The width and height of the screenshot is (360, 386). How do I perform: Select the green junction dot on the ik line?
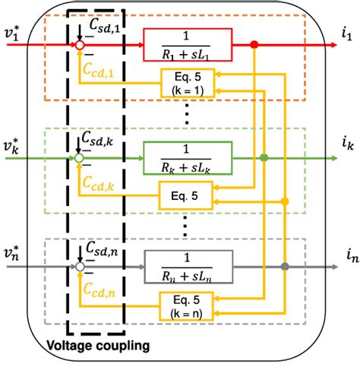pyautogui.click(x=264, y=158)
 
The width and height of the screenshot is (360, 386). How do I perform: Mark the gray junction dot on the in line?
pyautogui.click(x=284, y=267)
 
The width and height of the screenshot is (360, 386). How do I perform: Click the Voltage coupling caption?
pyautogui.click(x=98, y=346)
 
